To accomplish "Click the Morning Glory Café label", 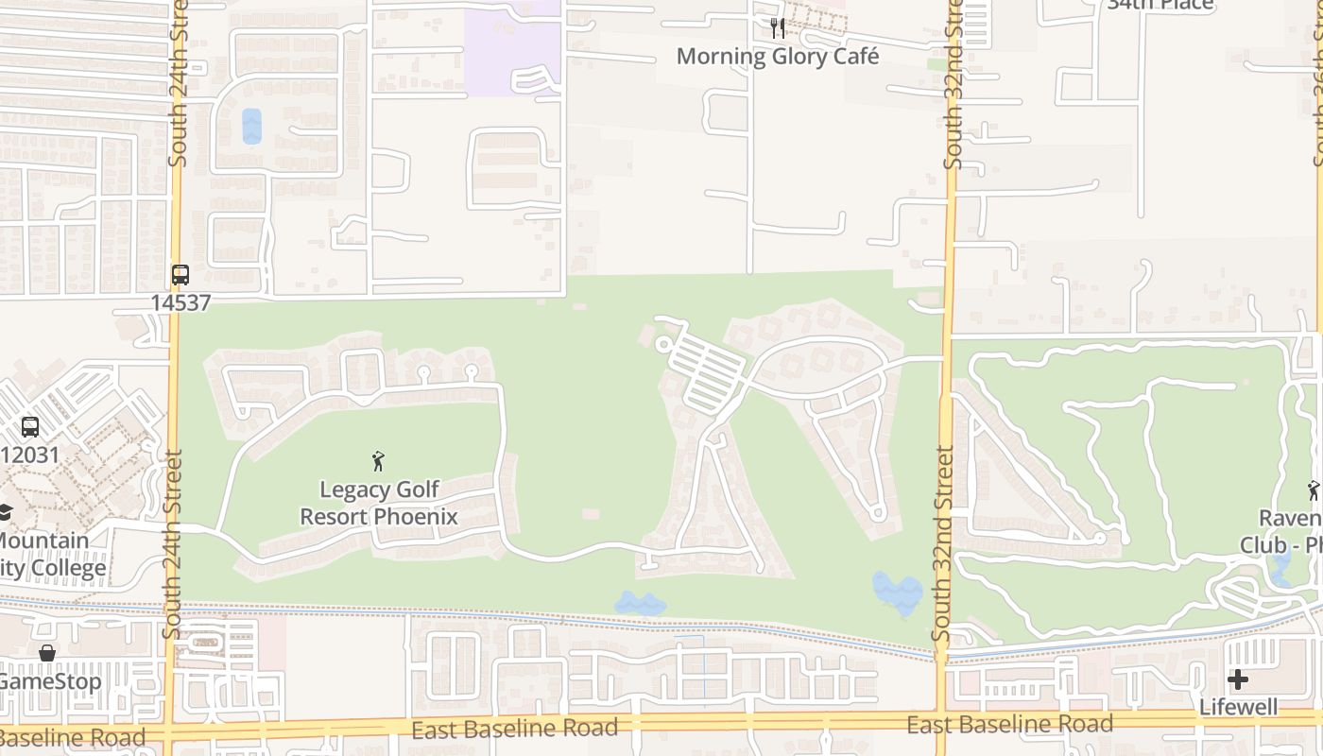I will point(777,56).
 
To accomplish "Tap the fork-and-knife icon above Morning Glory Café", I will point(777,28).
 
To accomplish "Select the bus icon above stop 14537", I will point(180,275).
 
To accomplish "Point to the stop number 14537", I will point(180,302).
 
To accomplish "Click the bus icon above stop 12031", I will point(30,427).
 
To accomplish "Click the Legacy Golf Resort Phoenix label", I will point(379,503).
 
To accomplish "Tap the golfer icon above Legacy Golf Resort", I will point(379,461).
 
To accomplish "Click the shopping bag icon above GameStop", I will point(46,653).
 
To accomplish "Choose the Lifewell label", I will point(1238,707).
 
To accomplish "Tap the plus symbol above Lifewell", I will point(1238,679).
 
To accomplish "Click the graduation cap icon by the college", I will point(6,512).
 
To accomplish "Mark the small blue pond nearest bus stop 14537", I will point(251,126).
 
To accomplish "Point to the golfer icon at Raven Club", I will point(1313,490).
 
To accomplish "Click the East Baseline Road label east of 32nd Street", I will point(1009,725).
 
